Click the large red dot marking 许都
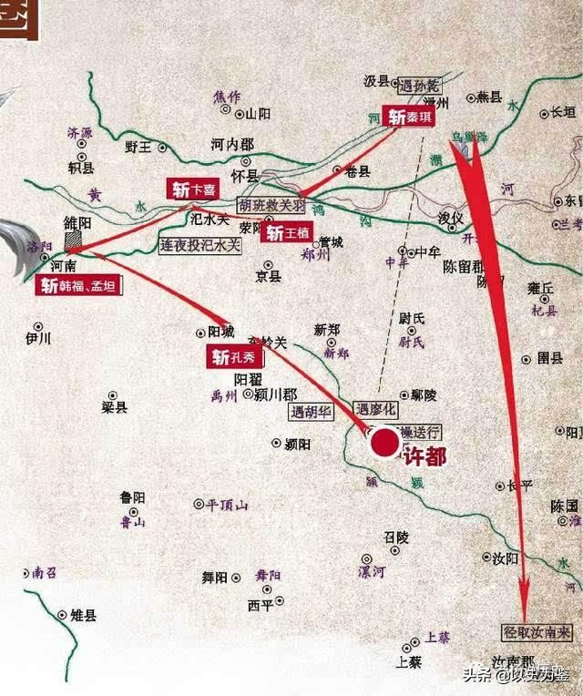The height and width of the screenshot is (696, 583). click(384, 443)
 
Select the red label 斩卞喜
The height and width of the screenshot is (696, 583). click(192, 189)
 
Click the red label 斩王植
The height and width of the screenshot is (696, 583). click(288, 232)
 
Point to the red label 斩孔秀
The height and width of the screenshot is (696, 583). click(234, 357)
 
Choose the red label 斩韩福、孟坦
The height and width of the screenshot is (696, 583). click(78, 286)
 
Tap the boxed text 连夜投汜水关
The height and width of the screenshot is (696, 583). click(200, 245)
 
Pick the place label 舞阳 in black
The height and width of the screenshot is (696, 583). click(214, 577)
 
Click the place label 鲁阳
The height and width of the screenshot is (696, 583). click(132, 497)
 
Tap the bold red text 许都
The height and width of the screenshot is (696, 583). click(424, 456)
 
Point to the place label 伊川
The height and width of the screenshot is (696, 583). click(38, 339)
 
